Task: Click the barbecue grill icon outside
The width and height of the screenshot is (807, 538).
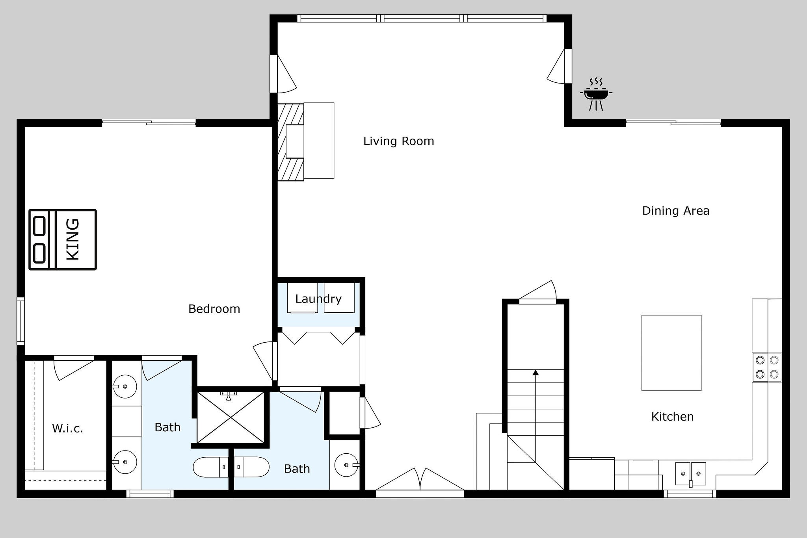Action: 596,95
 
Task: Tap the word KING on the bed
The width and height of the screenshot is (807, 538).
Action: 73,239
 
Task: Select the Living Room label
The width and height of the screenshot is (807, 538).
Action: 398,141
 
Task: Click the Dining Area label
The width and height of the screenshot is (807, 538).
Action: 675,211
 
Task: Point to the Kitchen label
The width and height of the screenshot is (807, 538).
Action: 672,417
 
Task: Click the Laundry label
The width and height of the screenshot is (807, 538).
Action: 318,299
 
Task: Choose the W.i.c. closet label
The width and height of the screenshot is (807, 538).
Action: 67,429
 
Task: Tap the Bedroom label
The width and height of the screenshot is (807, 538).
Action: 214,309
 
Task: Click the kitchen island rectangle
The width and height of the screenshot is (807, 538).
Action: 671,352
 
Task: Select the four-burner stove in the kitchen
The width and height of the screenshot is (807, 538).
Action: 767,367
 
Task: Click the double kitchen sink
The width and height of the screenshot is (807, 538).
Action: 690,474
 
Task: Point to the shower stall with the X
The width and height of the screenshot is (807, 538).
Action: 231,417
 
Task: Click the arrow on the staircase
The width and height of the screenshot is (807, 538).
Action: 535,373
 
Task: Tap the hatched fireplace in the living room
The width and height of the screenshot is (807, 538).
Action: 290,142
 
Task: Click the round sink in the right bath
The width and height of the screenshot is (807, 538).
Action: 346,465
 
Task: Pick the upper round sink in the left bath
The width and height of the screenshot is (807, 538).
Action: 125,386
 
